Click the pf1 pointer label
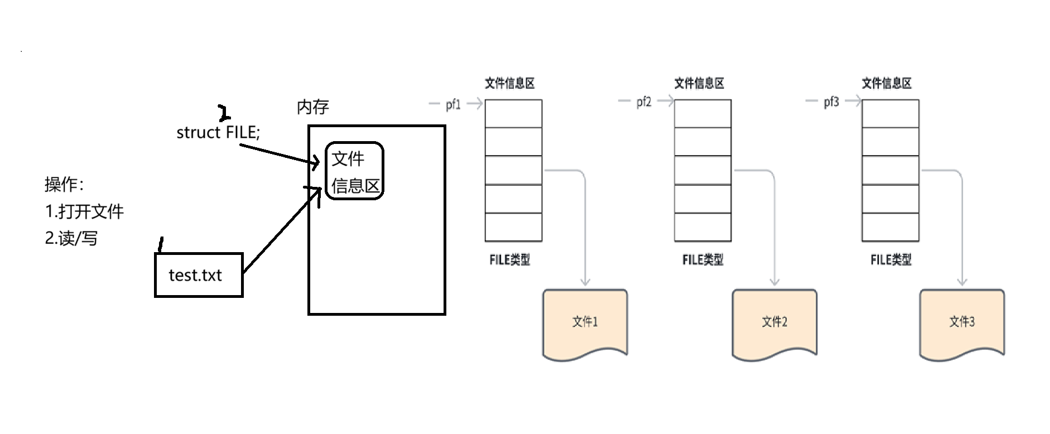point(454,104)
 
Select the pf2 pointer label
point(644,102)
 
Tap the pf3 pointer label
point(831,102)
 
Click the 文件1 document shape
point(585,323)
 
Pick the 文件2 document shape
point(774,323)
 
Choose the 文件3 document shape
point(962,323)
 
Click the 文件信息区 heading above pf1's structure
point(510,84)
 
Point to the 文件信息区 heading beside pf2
point(699,83)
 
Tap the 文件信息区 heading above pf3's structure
point(887,83)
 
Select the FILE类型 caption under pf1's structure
point(510,260)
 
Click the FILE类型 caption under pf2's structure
point(703,260)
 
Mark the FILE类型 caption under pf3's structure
point(891,260)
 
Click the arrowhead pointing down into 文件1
point(585,282)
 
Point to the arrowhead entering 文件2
point(774,282)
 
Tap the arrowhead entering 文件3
point(962,282)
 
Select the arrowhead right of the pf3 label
point(856,102)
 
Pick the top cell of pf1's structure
point(513,114)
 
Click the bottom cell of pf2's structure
point(702,228)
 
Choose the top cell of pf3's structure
point(890,114)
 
